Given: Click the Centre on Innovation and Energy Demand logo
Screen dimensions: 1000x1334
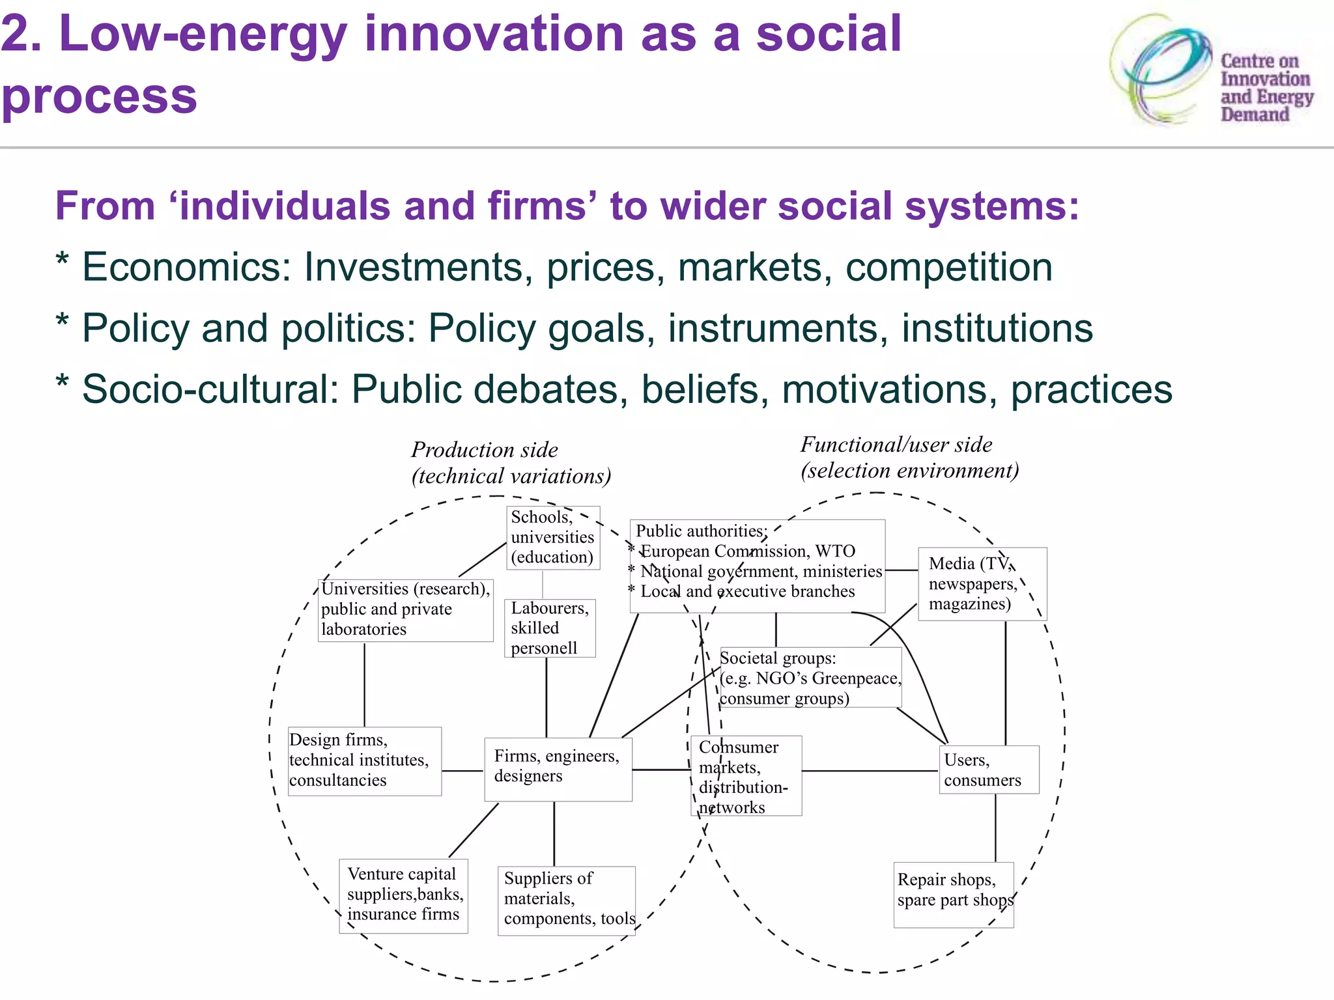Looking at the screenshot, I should pyautogui.click(x=1212, y=72).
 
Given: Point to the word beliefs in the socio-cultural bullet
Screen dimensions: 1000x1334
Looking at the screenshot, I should pyautogui.click(x=700, y=389).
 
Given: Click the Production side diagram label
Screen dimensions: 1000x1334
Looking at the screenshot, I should pyautogui.click(x=511, y=463).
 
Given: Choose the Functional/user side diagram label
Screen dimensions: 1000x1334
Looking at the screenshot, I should pyautogui.click(x=909, y=457).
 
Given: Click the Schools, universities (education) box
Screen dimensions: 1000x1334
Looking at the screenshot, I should pyautogui.click(x=552, y=538).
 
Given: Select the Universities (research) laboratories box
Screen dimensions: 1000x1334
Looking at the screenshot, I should pyautogui.click(x=405, y=610).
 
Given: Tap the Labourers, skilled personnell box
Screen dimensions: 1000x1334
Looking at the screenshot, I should pyautogui.click(x=550, y=628).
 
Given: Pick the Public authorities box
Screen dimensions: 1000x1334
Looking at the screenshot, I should pyautogui.click(x=757, y=566).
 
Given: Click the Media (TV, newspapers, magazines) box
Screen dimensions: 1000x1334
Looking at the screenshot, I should pyautogui.click(x=981, y=584).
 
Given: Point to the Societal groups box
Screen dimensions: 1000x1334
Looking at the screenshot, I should pyautogui.click(x=810, y=678).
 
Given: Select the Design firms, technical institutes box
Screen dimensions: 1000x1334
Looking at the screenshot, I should pyautogui.click(x=364, y=760).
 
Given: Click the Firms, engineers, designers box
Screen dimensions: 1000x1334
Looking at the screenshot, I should pyautogui.click(x=558, y=769).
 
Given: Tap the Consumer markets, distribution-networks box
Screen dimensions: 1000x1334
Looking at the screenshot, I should pyautogui.click(x=746, y=776).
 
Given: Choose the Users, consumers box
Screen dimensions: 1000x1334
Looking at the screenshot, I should pyautogui.click(x=988, y=770).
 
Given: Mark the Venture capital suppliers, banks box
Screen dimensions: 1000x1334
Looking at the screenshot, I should pyautogui.click(x=403, y=896).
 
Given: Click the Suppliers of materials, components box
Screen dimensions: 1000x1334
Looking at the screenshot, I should pyautogui.click(x=565, y=900).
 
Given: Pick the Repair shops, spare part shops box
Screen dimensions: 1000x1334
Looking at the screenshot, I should pyautogui.click(x=953, y=894).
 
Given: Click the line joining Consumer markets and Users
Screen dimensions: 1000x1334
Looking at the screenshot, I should pyautogui.click(x=870, y=771).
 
